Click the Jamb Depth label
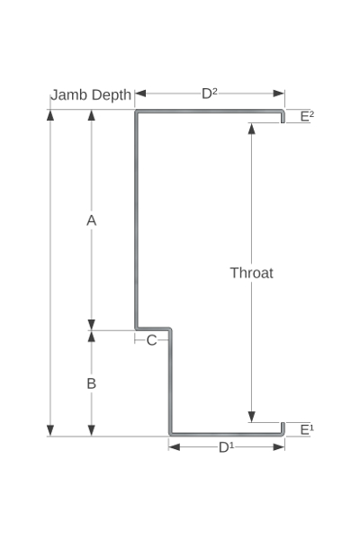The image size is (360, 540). [x=91, y=95]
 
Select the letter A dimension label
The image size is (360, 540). [x=91, y=220]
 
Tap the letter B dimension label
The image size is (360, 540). [x=91, y=383]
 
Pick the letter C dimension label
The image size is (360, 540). [x=151, y=340]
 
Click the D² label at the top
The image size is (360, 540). [x=210, y=94]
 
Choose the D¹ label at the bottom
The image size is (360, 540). [x=226, y=447]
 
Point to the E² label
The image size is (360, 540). [x=307, y=116]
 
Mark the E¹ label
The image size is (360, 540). [x=307, y=430]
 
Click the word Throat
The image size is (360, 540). [x=252, y=273]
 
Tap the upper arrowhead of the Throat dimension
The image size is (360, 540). [x=252, y=128]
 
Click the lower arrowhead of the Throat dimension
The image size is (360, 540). [x=252, y=417]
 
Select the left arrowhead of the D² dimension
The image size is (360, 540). [x=140, y=94]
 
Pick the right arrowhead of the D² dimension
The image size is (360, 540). [x=279, y=94]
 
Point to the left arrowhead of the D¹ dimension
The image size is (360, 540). [x=175, y=447]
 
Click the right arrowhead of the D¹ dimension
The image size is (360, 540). [x=279, y=447]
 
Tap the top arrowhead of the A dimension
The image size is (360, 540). [x=91, y=115]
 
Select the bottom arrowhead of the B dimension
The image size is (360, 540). [x=91, y=430]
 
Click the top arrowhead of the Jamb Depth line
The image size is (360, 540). [x=50, y=115]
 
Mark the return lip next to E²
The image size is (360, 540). [x=283, y=117]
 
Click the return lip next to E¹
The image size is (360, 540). [x=283, y=428]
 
